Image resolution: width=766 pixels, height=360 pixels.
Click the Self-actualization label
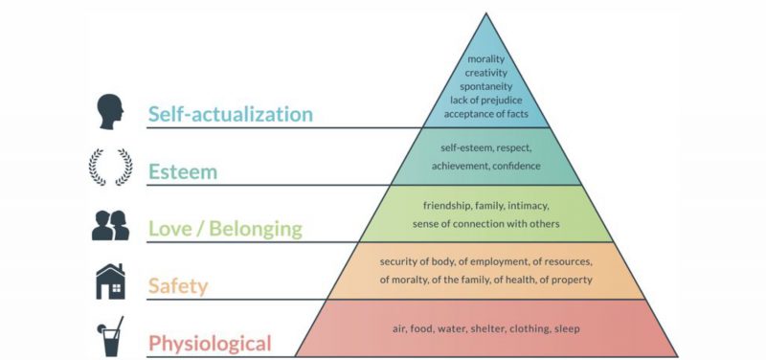[x=231, y=114]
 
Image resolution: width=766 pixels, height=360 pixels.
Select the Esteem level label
[x=183, y=172]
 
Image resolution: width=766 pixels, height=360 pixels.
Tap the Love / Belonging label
[x=225, y=229]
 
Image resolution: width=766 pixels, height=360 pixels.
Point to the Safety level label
[x=178, y=285]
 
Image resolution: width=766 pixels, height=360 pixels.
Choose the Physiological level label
[x=210, y=343]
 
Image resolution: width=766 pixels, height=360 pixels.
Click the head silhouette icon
[x=111, y=111]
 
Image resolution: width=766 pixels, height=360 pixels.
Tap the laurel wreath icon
[x=110, y=168]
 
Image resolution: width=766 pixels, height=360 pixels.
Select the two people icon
[x=111, y=225]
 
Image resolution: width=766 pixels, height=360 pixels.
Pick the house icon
[x=111, y=281]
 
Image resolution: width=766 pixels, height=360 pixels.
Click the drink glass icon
[x=110, y=336]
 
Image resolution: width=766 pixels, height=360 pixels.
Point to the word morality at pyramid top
[x=486, y=59]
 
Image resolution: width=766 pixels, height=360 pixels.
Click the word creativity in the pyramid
[x=486, y=73]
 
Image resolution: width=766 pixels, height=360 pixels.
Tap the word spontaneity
[x=486, y=86]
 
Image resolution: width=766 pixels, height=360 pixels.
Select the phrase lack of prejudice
[x=486, y=101]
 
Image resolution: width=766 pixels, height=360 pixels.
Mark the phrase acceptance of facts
[x=486, y=114]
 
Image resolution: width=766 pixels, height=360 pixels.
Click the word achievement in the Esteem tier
[x=460, y=166]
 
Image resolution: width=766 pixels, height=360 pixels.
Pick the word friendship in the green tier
[x=447, y=206]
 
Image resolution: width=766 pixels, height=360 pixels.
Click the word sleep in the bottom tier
[x=569, y=329]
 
